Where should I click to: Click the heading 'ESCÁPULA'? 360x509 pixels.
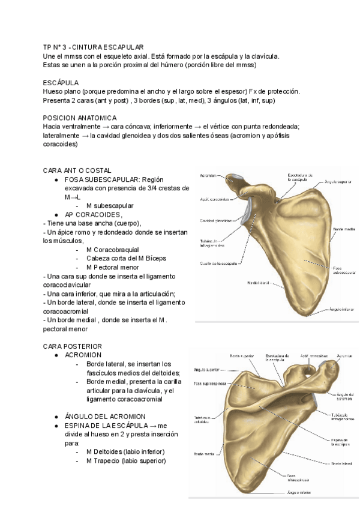pyautogui.click(x=61, y=82)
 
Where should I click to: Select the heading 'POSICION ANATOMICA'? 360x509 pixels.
pyautogui.click(x=80, y=118)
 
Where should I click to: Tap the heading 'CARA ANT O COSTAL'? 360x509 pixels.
pyautogui.click(x=77, y=170)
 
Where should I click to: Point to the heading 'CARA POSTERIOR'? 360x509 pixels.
pyautogui.click(x=73, y=346)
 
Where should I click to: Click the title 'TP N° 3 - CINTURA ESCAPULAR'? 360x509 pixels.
pyautogui.click(x=94, y=47)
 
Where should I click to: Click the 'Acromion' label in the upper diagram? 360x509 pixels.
pyautogui.click(x=208, y=176)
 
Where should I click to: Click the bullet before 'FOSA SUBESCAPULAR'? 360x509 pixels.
pyautogui.click(x=56, y=179)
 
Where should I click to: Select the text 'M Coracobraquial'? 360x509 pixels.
pyautogui.click(x=112, y=249)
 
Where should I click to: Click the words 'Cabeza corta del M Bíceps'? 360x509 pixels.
pyautogui.click(x=126, y=258)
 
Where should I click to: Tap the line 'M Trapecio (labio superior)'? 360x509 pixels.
pyautogui.click(x=126, y=460)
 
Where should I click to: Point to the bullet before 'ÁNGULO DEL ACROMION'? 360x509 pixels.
pyautogui.click(x=56, y=416)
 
